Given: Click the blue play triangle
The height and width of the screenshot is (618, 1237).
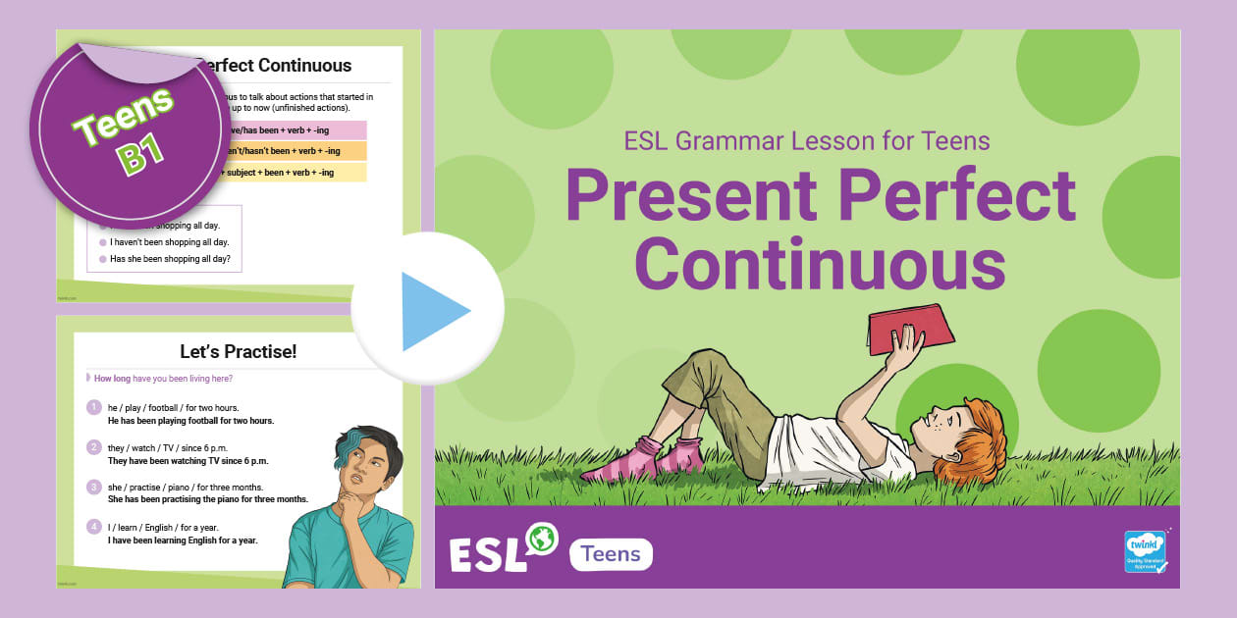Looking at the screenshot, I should pyautogui.click(x=433, y=311).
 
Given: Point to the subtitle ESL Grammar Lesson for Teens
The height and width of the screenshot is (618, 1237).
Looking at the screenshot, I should pyautogui.click(x=806, y=141).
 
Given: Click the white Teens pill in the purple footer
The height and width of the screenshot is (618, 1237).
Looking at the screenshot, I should pyautogui.click(x=611, y=554).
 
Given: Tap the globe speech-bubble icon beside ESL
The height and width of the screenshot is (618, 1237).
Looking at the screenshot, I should pyautogui.click(x=541, y=539).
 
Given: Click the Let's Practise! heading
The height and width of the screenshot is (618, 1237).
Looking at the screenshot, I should pyautogui.click(x=238, y=350).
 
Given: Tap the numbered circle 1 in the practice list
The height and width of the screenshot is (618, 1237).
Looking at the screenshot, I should pyautogui.click(x=94, y=407).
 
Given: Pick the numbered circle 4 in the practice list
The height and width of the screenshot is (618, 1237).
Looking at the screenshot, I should pyautogui.click(x=94, y=527).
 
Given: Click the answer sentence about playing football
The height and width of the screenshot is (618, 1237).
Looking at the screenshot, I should pyautogui.click(x=190, y=421).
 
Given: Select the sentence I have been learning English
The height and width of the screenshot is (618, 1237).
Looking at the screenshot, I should pyautogui.click(x=183, y=541).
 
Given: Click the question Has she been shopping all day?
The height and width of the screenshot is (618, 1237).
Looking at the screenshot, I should pyautogui.click(x=170, y=259).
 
